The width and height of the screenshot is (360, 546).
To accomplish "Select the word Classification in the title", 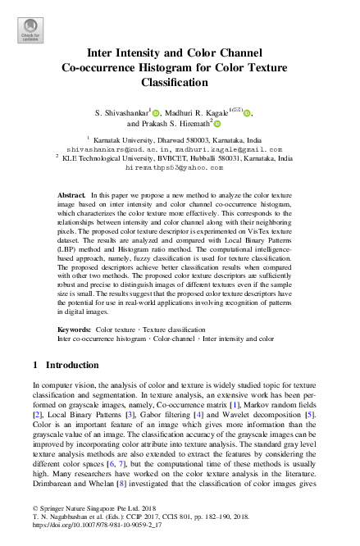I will pos(179,83).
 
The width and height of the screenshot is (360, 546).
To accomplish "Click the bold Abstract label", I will pos(71,196).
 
